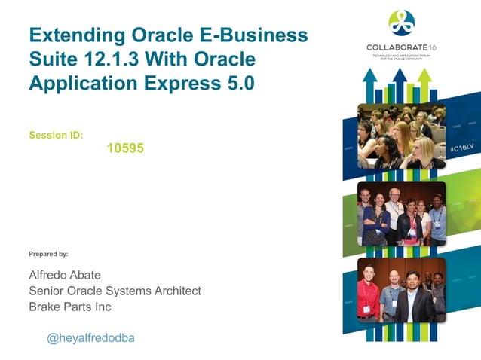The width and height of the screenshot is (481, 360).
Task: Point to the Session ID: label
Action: (x=56, y=136)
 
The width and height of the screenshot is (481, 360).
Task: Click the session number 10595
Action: (x=125, y=149)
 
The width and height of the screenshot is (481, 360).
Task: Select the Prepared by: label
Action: (x=48, y=254)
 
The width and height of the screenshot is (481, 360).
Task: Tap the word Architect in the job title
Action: (x=176, y=290)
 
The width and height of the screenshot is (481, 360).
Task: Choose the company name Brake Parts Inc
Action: (x=69, y=307)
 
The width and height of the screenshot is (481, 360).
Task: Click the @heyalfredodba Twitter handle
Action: (x=90, y=338)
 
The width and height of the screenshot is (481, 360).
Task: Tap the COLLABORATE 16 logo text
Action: (x=401, y=47)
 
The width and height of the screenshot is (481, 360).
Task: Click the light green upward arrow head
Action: (x=424, y=75)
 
